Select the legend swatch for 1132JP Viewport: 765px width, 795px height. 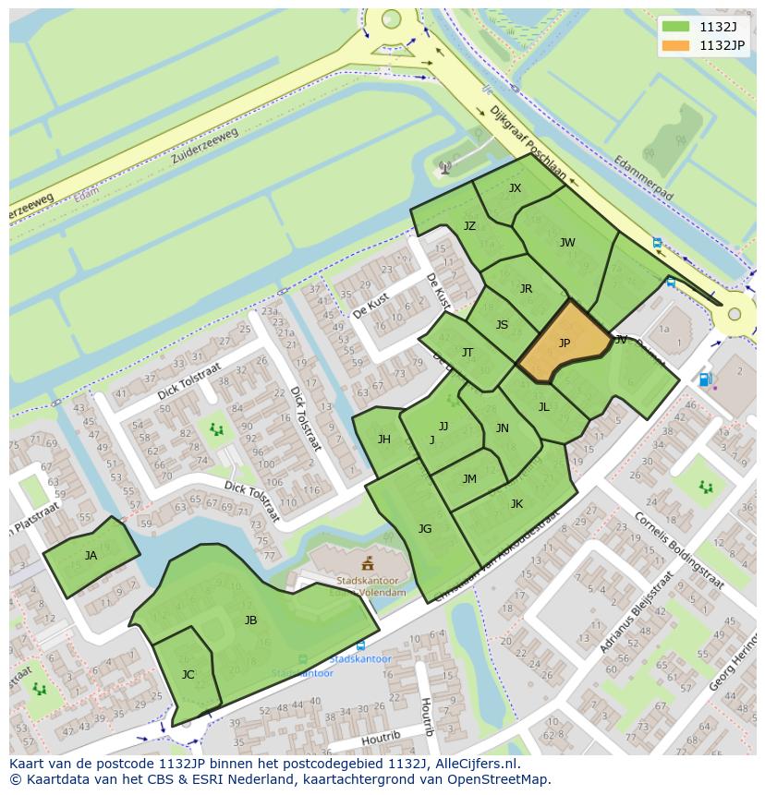675,45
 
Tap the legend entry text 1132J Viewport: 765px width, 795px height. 718,27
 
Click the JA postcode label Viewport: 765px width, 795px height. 91,556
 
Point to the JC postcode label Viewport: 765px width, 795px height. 188,675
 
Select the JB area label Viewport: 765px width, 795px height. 250,620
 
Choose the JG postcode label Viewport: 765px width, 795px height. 425,529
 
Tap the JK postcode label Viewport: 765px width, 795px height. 516,504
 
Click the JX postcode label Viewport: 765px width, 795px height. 515,188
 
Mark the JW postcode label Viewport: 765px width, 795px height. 567,244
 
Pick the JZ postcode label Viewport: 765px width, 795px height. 469,226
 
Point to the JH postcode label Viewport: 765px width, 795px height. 383,440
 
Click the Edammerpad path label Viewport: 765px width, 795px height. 643,178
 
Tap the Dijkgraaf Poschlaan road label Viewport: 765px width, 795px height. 528,141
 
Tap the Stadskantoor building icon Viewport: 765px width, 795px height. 368,562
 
